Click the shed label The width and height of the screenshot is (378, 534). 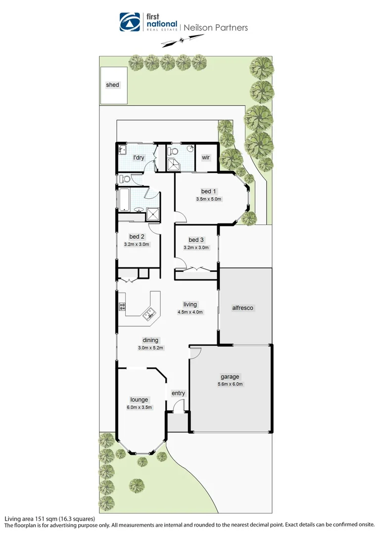pos(113,85)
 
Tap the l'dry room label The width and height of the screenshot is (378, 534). pos(139,158)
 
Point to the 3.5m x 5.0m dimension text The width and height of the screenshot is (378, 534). pos(208,199)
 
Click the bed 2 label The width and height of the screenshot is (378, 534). pos(137,236)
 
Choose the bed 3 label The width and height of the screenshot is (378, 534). pos(196,240)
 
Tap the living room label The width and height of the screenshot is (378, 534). pos(190,305)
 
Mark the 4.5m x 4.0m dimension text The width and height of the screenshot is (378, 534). pos(190,312)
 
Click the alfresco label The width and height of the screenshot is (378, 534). pos(243,308)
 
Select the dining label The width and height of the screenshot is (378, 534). pos(150,340)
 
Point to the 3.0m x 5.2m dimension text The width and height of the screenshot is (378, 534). pos(150,348)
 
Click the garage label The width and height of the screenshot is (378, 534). pos(230,377)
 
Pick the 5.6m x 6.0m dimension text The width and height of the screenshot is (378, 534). pos(230,384)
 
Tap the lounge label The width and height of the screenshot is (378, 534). pos(140,400)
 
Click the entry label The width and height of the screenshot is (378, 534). pos(178,394)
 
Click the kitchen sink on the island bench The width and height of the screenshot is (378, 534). pos(149,312)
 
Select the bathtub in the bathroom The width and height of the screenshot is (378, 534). pos(124,199)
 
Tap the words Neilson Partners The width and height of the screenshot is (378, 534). pos(216,28)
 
